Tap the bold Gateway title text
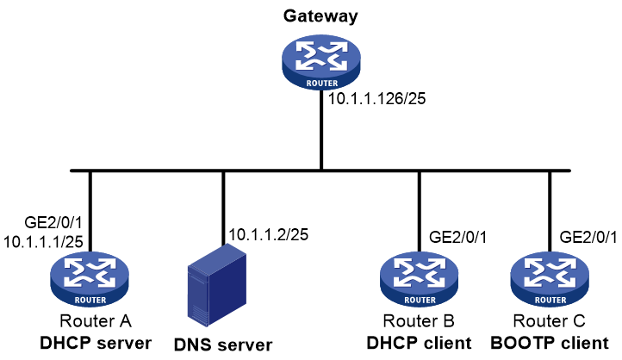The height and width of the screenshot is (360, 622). coord(320,16)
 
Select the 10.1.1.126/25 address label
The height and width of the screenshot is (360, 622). coord(376,98)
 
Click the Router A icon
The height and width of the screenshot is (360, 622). coord(90,279)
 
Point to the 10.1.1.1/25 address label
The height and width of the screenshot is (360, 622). coord(43,241)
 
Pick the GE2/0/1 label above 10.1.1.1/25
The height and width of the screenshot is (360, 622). coord(53,222)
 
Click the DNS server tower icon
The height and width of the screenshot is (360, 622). coord(216,285)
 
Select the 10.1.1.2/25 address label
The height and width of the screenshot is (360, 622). coord(268,235)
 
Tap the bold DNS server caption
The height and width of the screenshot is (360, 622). coord(223,344)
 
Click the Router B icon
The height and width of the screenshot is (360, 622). coord(420,279)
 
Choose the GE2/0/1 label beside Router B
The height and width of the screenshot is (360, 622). coord(457,237)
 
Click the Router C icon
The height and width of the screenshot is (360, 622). coord(550,279)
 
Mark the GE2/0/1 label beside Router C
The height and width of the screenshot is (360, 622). coord(588,237)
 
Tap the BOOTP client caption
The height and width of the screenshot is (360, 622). coord(550,343)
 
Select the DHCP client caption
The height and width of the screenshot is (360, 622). coord(419,343)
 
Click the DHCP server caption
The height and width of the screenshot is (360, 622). coord(96,343)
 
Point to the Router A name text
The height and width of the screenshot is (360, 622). coord(96,320)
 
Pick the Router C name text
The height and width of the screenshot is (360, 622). coord(549,320)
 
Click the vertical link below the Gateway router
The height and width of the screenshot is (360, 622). coord(321,129)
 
